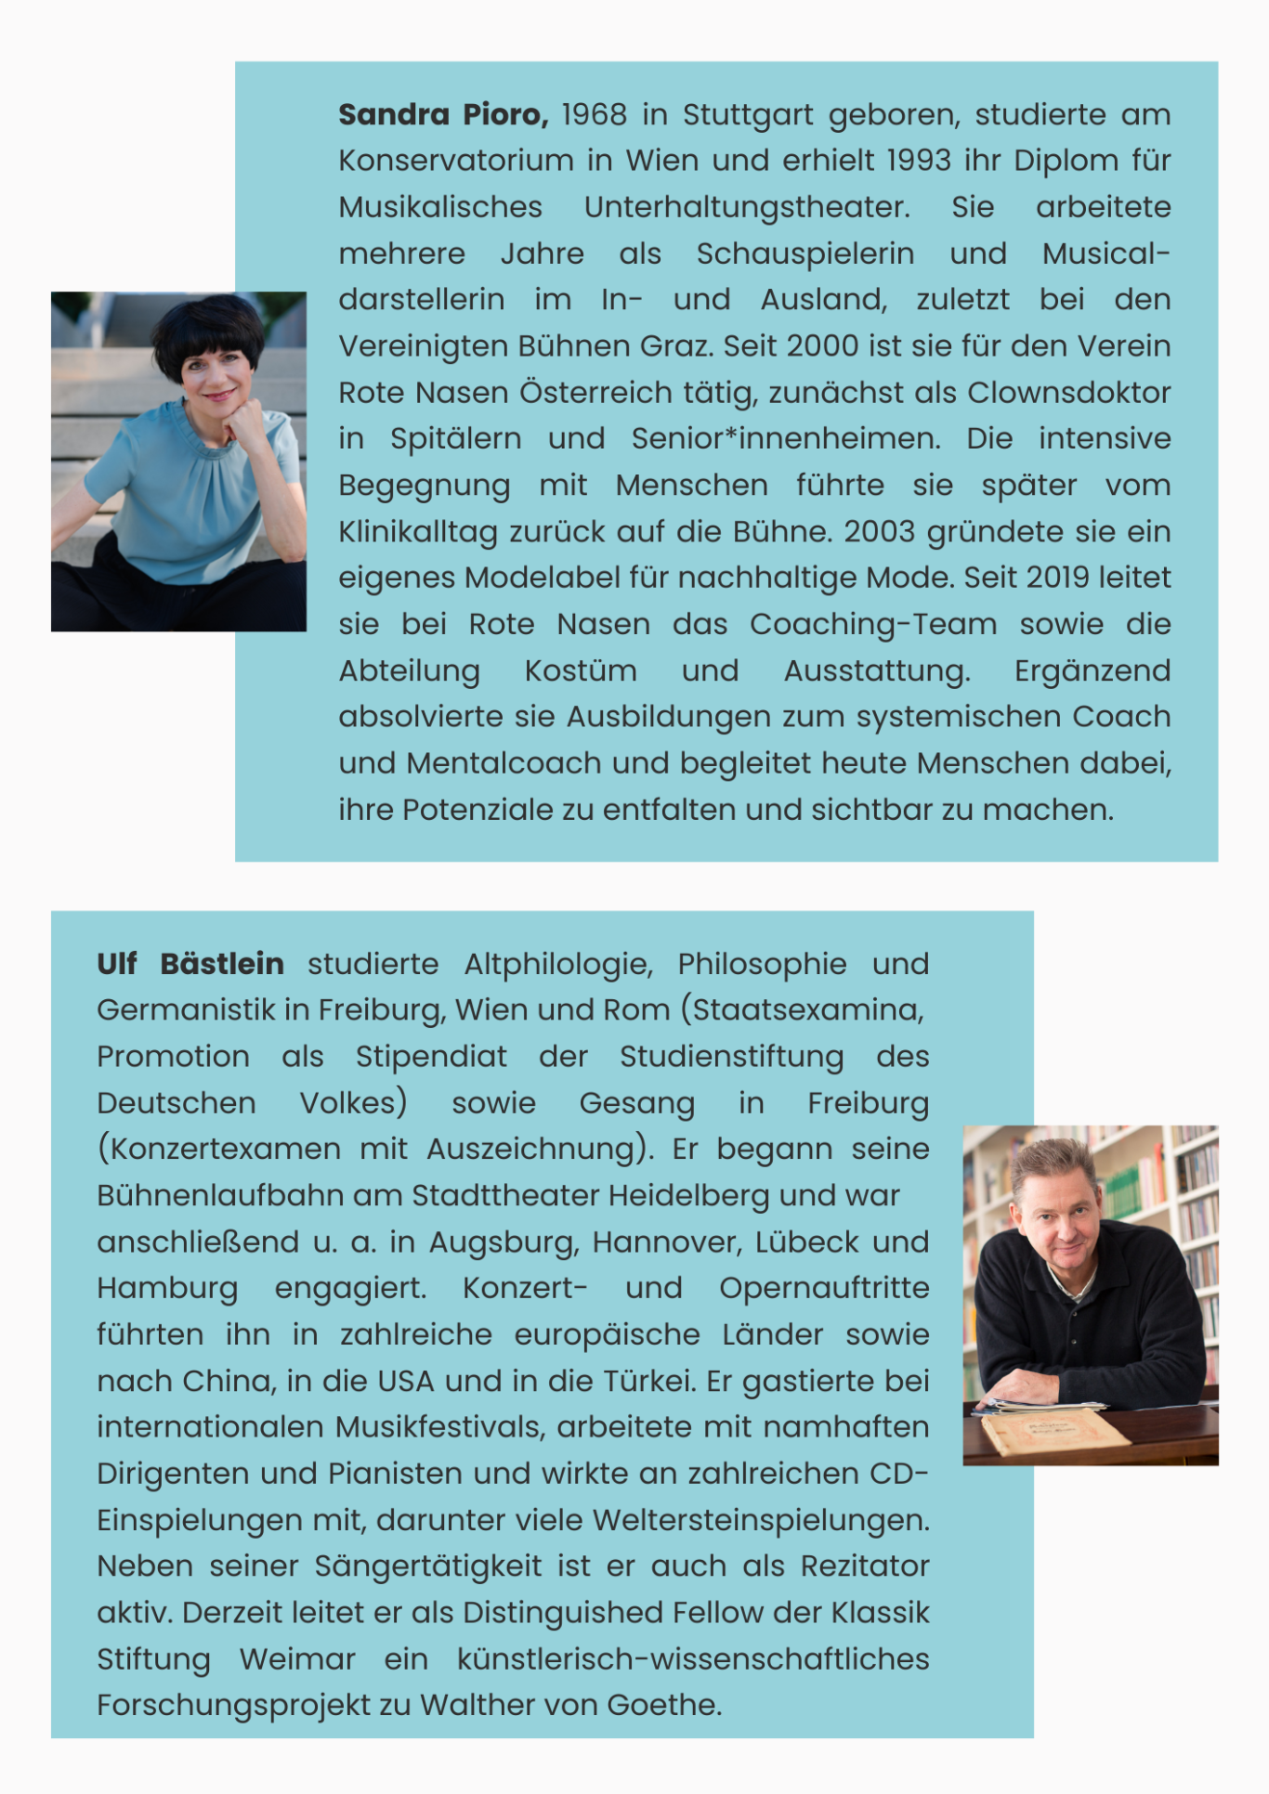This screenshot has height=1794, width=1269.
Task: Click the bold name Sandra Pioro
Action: click(x=443, y=114)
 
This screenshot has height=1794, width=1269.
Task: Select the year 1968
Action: click(x=595, y=114)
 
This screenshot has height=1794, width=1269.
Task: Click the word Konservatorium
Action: click(x=456, y=161)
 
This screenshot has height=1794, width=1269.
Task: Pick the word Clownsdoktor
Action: click(x=1068, y=393)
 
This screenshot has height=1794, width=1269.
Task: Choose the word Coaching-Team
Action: click(x=873, y=625)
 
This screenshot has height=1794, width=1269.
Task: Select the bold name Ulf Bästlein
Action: click(x=190, y=964)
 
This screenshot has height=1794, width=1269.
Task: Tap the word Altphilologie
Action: click(x=558, y=965)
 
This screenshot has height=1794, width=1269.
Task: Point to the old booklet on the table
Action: click(x=1054, y=1431)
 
